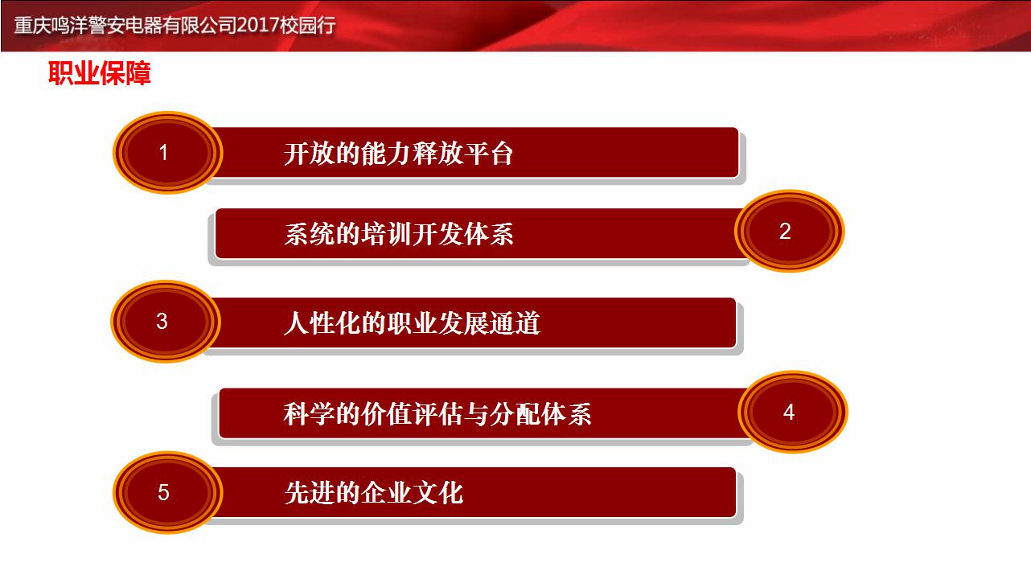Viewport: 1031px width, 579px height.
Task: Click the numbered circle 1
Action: (x=168, y=153)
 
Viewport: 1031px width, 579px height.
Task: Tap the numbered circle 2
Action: (x=790, y=231)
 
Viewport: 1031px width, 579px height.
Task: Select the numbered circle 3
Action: (x=166, y=321)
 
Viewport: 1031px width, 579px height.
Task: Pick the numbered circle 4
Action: (x=793, y=412)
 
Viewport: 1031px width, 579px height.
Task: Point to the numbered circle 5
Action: (x=168, y=492)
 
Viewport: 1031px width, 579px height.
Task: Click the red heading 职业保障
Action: (x=100, y=72)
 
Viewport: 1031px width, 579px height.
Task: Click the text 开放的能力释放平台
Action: (x=398, y=154)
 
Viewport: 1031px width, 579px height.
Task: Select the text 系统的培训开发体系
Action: (x=399, y=233)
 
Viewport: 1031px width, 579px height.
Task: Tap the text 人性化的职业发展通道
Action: (x=412, y=322)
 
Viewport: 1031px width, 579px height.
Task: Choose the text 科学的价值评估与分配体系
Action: (x=437, y=413)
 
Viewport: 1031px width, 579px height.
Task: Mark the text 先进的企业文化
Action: (x=373, y=492)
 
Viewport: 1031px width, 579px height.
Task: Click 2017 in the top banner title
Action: (x=257, y=25)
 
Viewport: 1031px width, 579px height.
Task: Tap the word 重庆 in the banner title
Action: (x=32, y=25)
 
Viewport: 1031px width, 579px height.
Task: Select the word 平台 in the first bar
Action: (x=488, y=154)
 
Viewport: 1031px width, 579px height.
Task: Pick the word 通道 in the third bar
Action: (x=514, y=322)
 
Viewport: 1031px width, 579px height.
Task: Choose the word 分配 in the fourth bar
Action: (x=514, y=413)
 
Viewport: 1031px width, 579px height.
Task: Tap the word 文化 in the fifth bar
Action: (x=437, y=492)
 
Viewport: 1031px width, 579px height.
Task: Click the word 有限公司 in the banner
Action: (x=199, y=25)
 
